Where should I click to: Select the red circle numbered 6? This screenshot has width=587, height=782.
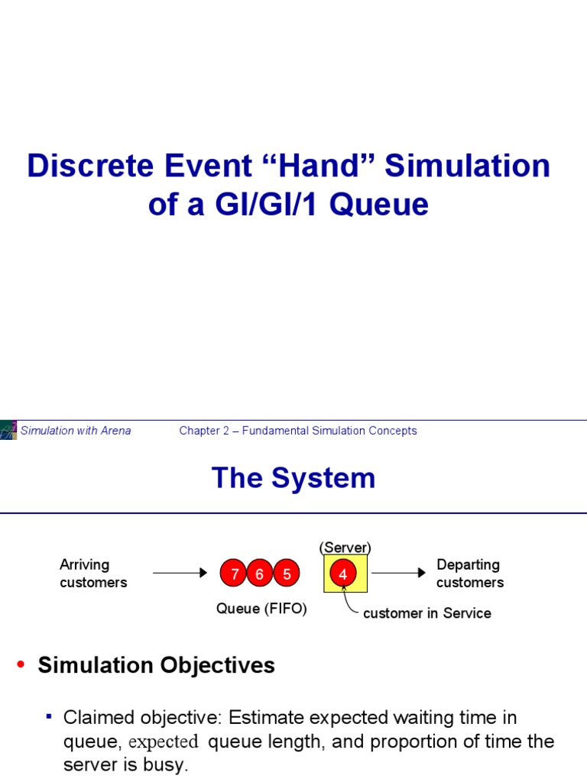[260, 574]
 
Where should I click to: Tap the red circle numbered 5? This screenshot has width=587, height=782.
[287, 574]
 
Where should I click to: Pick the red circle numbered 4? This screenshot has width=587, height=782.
[343, 574]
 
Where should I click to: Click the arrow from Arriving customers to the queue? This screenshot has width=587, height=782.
[180, 573]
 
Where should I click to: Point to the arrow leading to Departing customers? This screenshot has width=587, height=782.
[398, 573]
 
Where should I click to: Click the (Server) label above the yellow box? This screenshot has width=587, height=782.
[345, 548]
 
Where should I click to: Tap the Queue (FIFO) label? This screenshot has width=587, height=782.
[261, 609]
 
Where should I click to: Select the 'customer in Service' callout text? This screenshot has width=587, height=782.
[426, 613]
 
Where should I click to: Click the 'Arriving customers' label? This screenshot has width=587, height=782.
[92, 574]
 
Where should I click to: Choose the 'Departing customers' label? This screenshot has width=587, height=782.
[469, 574]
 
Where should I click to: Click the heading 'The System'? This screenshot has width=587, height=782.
[293, 478]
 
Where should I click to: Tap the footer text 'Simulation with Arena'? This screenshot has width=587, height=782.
[76, 431]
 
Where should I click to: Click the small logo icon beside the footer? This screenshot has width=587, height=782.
[8, 430]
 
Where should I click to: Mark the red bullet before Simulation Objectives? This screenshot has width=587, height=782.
[21, 666]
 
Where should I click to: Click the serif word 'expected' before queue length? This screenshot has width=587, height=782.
[163, 742]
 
